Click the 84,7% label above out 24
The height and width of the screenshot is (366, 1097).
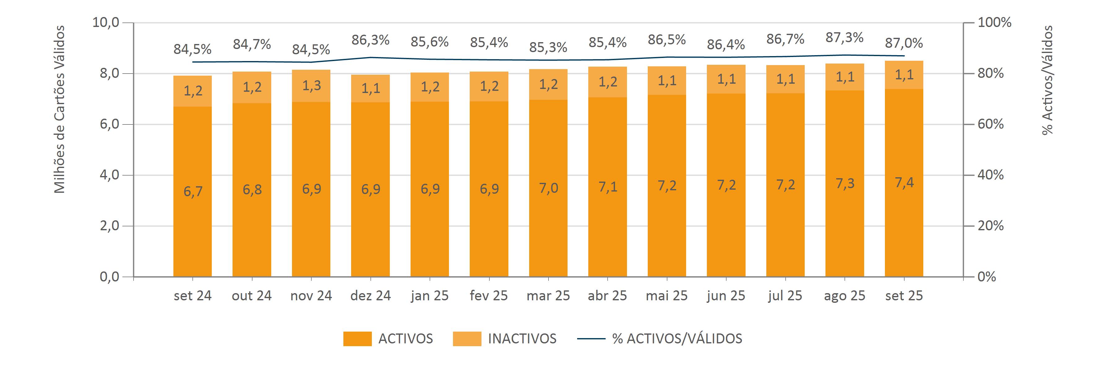252,44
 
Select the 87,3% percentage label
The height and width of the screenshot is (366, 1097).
844,38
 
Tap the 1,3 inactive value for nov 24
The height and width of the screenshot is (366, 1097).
311,86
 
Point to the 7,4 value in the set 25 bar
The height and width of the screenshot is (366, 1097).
904,182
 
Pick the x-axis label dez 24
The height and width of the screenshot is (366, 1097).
371,296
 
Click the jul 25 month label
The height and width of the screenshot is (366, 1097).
785,296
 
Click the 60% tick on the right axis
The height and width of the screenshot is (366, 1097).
990,124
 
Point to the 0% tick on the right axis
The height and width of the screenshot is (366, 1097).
987,277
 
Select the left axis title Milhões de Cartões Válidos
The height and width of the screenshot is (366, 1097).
60,109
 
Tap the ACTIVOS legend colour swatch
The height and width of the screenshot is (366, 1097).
357,339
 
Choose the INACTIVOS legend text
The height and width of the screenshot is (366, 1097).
522,339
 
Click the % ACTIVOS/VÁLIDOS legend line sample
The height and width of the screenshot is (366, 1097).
591,339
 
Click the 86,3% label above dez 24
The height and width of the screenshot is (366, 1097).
371,40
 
